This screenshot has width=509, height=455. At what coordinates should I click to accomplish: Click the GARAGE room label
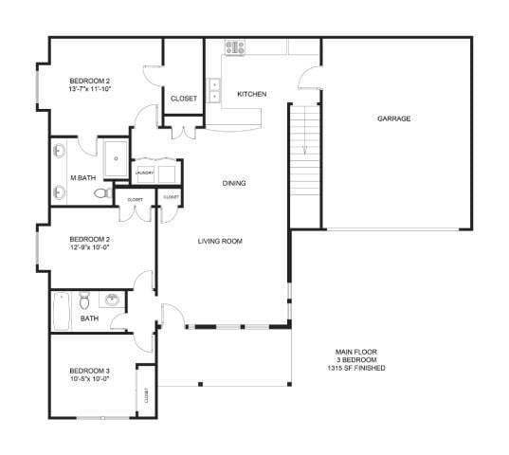393,118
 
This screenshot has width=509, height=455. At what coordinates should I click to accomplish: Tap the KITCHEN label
251,94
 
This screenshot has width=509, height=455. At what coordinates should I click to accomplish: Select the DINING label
234,183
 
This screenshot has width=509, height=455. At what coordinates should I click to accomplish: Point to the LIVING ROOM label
220,242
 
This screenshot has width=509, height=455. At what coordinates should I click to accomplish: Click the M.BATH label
82,177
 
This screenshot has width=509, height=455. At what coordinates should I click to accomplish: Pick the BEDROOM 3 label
90,370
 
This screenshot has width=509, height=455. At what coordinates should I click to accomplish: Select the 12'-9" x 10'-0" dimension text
89,249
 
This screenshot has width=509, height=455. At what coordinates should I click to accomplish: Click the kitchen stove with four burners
234,45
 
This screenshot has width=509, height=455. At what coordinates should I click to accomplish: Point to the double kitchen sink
214,90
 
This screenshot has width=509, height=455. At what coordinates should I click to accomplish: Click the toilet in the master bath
102,192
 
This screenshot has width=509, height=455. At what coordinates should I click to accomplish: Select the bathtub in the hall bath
62,310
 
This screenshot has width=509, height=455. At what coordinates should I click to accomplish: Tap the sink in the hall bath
113,301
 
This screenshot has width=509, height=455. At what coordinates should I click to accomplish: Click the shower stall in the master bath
115,158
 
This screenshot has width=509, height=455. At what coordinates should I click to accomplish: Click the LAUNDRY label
144,173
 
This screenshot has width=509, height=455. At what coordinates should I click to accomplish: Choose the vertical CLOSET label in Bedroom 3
146,395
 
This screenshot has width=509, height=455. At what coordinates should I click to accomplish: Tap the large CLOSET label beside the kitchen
184,99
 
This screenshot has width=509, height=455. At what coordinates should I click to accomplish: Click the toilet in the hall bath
85,301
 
